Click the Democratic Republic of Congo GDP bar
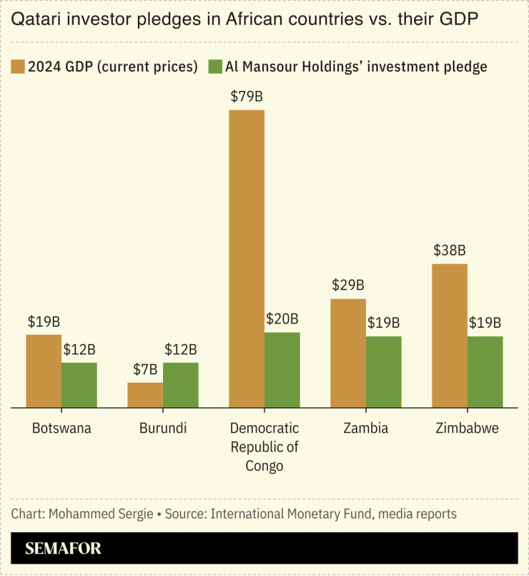click(x=247, y=258)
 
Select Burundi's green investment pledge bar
click(x=180, y=385)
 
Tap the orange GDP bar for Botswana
click(x=44, y=371)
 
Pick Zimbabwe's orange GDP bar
click(x=450, y=336)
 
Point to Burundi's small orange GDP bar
click(x=145, y=395)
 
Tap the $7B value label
click(x=145, y=370)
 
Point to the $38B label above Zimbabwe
click(x=450, y=251)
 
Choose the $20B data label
click(x=282, y=319)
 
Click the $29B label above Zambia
click(x=348, y=285)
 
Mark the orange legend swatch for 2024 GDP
click(x=18, y=67)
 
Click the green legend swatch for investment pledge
click(x=214, y=67)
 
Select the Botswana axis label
click(x=61, y=429)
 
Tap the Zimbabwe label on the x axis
click(x=468, y=429)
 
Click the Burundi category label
click(x=163, y=429)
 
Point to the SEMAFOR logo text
click(x=63, y=549)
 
